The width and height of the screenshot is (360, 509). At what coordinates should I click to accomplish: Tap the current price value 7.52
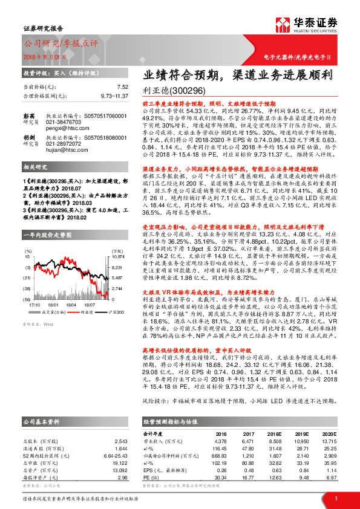[123, 87]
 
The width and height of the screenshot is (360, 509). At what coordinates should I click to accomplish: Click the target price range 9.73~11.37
[114, 96]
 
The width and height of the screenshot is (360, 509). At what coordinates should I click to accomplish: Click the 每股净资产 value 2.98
[121, 477]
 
